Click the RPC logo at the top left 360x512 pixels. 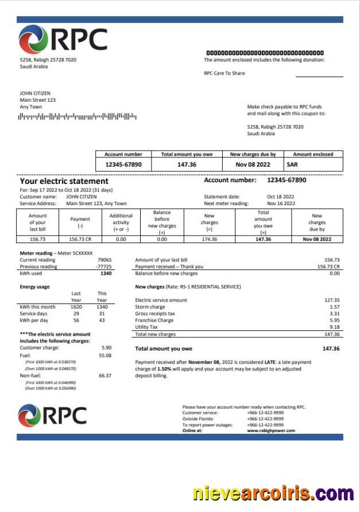click(63, 40)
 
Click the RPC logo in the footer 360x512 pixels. click(52, 415)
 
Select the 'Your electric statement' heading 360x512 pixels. click(64, 181)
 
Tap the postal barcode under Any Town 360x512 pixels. click(78, 117)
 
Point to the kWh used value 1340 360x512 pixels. click(105, 274)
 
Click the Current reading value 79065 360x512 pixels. click(104, 260)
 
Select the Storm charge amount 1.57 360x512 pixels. click(335, 307)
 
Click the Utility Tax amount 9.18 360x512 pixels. click(334, 327)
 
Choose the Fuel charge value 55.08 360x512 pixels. click(104, 355)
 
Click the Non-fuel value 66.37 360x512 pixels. click(104, 375)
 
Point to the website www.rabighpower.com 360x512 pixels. click(271, 430)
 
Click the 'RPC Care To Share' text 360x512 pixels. click(224, 73)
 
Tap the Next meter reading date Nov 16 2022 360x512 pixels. click(281, 203)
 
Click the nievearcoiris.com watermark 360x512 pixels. click(273, 493)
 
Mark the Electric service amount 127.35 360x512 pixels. click(332, 300)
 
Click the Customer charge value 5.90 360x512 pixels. click(106, 348)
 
